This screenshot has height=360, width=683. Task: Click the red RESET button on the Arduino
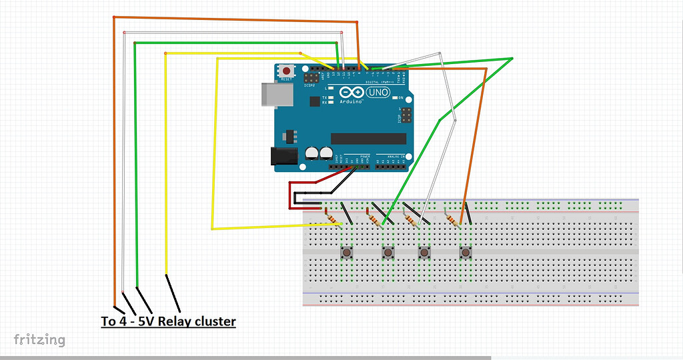tap(287, 71)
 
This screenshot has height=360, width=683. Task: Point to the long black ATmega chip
tap(368, 138)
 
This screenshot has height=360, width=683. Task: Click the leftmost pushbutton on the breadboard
tap(347, 253)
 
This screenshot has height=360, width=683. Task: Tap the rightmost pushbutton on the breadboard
tap(465, 253)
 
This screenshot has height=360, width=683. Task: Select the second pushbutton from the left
tap(388, 253)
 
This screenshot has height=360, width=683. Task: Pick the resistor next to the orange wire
tap(454, 217)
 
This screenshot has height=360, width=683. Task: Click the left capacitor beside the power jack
tap(311, 153)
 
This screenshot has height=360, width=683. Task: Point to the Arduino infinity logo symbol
tap(350, 93)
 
